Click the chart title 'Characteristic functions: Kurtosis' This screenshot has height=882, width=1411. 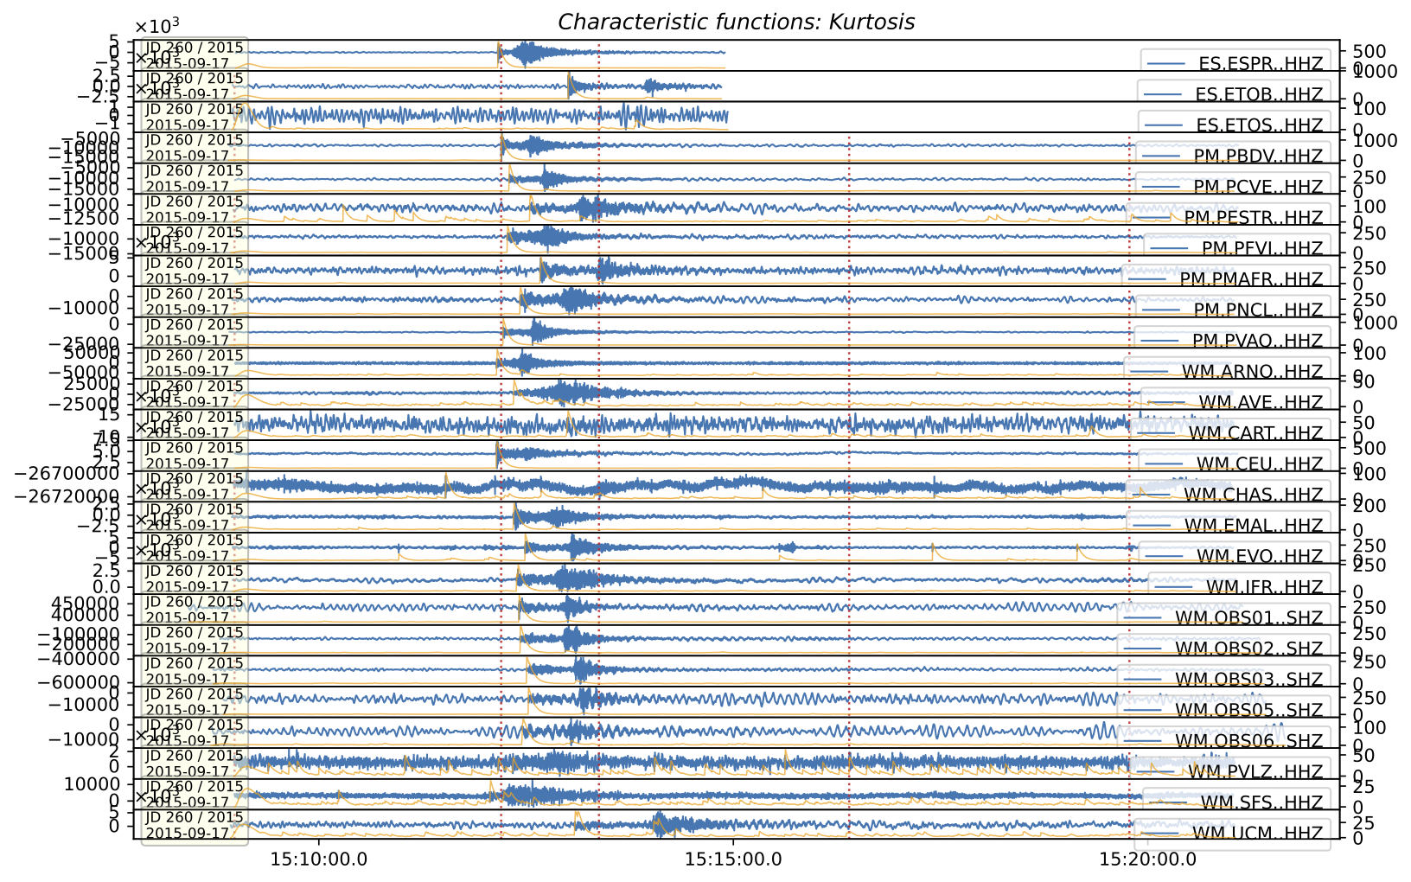click(x=736, y=22)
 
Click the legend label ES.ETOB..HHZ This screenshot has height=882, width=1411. click(x=1259, y=94)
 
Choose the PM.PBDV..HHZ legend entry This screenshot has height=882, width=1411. click(x=1258, y=156)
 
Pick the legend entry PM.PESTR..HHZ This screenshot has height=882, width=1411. click(x=1253, y=217)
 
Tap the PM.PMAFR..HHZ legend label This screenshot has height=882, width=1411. click(x=1251, y=278)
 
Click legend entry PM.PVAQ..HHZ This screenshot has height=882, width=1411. click(x=1258, y=341)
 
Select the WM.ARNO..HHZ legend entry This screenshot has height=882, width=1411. click(x=1252, y=372)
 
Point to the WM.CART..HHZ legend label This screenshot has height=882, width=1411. click(x=1255, y=433)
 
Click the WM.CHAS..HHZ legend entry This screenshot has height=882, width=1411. click(x=1253, y=495)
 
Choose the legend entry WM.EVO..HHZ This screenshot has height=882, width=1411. click(x=1260, y=556)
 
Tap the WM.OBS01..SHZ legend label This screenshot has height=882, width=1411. click(x=1248, y=617)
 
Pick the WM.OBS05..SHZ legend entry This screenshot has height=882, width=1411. click(x=1248, y=710)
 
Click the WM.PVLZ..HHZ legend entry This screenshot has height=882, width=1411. click(x=1255, y=771)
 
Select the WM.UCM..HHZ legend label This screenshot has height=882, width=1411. click(x=1257, y=833)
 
